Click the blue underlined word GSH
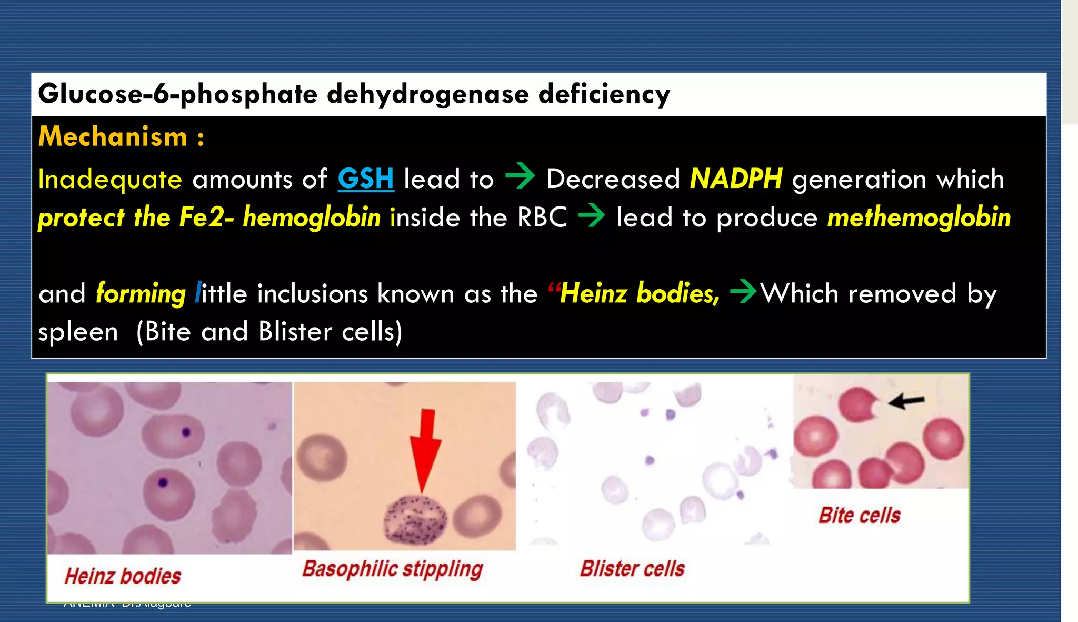[365, 179]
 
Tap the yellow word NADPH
[736, 179]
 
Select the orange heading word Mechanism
[113, 137]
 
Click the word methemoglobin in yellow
[919, 218]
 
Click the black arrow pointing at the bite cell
[906, 401]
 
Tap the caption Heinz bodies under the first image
[123, 576]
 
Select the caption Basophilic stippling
[392, 569]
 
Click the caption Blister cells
[632, 569]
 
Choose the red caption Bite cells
[859, 515]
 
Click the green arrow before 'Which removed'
[743, 291]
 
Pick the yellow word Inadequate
[110, 179]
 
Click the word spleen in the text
[78, 332]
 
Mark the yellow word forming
[141, 293]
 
